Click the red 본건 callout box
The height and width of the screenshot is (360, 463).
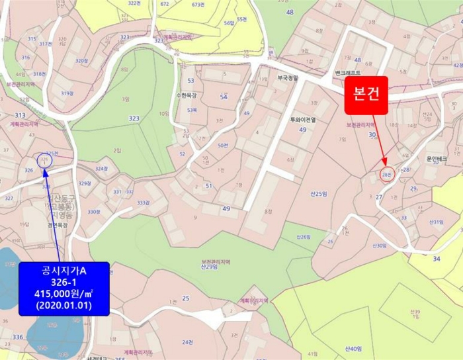click(x=366, y=94)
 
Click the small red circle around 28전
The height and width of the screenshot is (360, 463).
click(x=387, y=175)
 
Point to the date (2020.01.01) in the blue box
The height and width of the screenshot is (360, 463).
click(x=64, y=306)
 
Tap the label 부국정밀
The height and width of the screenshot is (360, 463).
click(x=288, y=77)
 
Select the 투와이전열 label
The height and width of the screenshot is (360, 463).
click(x=304, y=120)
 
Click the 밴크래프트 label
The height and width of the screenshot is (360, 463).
click(x=347, y=72)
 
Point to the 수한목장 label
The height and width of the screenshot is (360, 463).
click(x=188, y=95)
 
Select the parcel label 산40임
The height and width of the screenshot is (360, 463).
click(x=354, y=348)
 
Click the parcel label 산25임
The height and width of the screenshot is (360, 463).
click(x=319, y=193)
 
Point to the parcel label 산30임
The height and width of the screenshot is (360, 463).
click(x=379, y=246)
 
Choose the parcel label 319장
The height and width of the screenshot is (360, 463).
click(x=67, y=93)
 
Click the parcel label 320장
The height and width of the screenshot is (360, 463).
click(x=81, y=61)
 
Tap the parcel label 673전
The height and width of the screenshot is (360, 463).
click(x=198, y=5)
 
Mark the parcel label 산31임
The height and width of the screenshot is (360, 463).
click(x=436, y=222)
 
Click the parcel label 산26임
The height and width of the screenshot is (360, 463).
click(x=304, y=236)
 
